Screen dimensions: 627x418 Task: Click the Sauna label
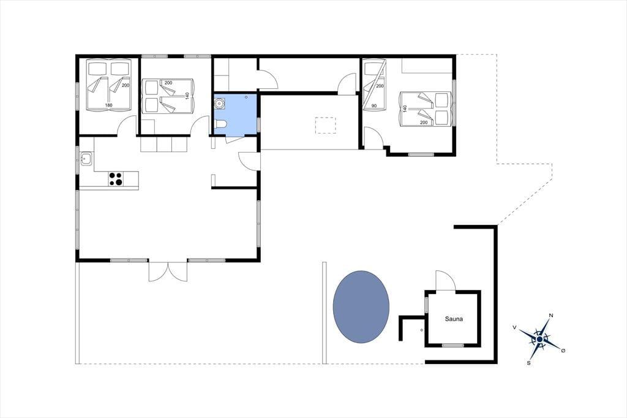point(454,319)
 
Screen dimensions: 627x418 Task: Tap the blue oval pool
point(361,306)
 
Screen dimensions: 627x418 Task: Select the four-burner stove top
point(116,178)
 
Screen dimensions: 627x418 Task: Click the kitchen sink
point(86,159)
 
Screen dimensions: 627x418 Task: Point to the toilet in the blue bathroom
point(220,125)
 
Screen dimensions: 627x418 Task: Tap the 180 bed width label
point(109,105)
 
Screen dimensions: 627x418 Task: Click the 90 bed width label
point(374,105)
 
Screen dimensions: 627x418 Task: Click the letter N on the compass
point(551,316)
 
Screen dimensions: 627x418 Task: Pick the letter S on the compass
point(528,363)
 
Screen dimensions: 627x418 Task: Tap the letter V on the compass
point(514,327)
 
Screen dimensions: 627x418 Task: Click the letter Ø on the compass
point(563,351)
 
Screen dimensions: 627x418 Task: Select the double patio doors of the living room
point(168,271)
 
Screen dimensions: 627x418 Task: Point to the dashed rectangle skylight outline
point(326,125)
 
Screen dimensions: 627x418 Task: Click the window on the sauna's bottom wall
point(452,345)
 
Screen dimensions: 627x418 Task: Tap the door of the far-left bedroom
point(127,126)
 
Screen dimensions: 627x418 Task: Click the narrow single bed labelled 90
point(375,85)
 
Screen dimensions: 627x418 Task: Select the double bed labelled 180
point(110,85)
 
